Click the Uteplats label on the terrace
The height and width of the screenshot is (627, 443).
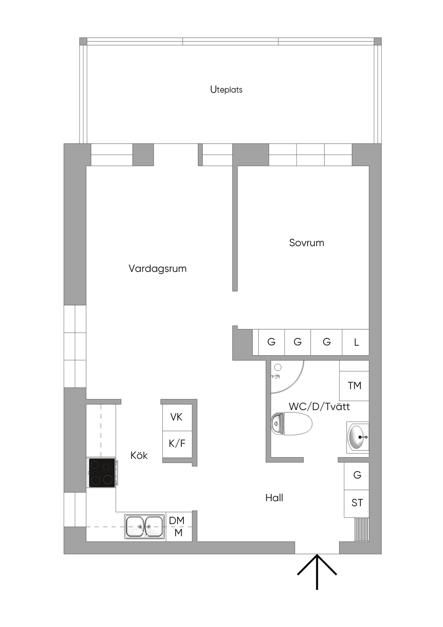tap(226, 90)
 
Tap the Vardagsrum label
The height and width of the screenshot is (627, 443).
tap(157, 268)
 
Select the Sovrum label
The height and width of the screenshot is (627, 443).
tap(306, 243)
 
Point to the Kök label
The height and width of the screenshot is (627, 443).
tap(139, 455)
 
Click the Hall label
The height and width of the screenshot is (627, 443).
tap(274, 498)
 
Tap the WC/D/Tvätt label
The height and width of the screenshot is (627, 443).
tap(319, 406)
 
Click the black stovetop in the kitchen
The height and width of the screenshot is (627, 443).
tap(102, 473)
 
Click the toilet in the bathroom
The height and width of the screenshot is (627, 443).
tap(291, 424)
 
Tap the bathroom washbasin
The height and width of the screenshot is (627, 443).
tap(358, 437)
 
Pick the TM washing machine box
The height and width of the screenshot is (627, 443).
tap(354, 386)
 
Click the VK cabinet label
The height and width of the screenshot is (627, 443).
tap(177, 417)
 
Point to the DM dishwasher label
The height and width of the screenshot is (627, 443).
tap(177, 521)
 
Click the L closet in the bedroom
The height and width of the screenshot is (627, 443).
tap(356, 342)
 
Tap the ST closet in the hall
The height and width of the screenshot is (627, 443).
tap(356, 503)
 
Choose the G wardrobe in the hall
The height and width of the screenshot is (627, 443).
tap(356, 476)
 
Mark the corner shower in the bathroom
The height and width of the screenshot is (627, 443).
tap(287, 377)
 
